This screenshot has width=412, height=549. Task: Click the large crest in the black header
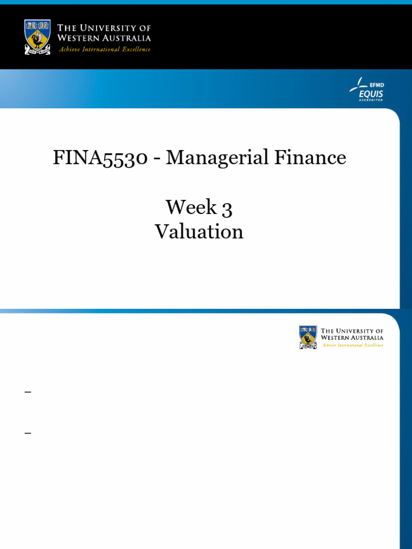point(37,37)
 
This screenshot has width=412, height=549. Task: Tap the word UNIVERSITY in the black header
point(110,28)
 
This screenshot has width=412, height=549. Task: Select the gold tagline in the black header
point(105,49)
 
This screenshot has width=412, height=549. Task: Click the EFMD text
point(377,85)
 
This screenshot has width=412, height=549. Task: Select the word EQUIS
point(371,94)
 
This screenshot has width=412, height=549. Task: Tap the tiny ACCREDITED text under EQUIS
point(371,100)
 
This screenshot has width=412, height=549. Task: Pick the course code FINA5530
point(100,158)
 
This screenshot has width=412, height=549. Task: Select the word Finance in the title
point(311,157)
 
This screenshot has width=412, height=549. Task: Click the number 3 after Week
point(227,209)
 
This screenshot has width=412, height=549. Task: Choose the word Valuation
point(199,232)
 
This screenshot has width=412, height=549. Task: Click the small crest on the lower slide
point(308,337)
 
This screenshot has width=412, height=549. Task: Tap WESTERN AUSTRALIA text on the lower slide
point(352,338)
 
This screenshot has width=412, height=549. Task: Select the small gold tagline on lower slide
point(352,345)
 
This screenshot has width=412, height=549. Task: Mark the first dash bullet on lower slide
point(28,392)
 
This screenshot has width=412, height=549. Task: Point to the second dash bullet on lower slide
point(28,433)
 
